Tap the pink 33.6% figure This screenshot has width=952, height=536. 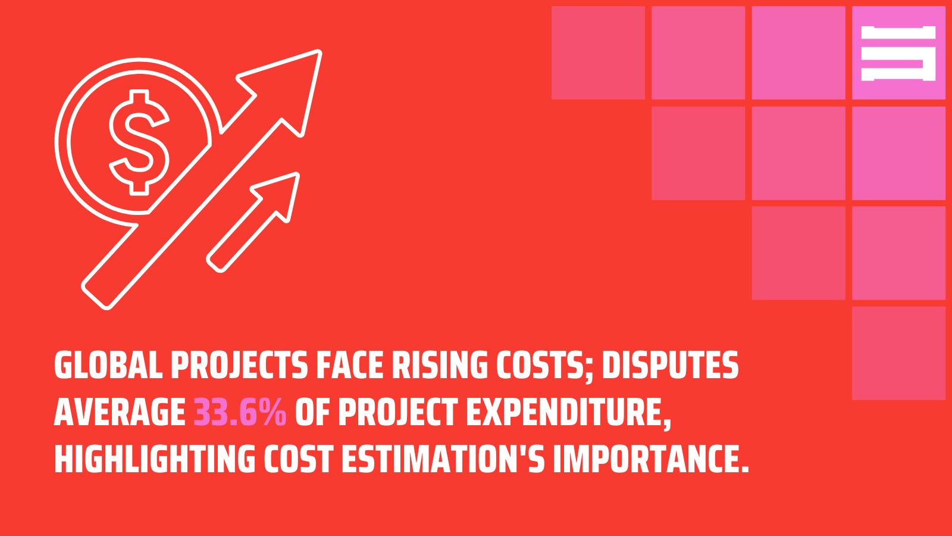tap(240, 412)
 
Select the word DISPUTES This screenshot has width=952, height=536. tap(670, 365)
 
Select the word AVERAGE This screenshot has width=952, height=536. tap(120, 412)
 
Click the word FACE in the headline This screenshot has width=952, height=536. tap(350, 365)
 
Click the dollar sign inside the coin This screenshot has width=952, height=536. tap(139, 142)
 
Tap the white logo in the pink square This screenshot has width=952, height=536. tap(898, 53)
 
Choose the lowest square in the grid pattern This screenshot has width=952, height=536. tap(898, 353)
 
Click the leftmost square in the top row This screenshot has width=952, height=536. tap(598, 53)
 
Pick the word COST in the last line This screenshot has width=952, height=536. tap(297, 459)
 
